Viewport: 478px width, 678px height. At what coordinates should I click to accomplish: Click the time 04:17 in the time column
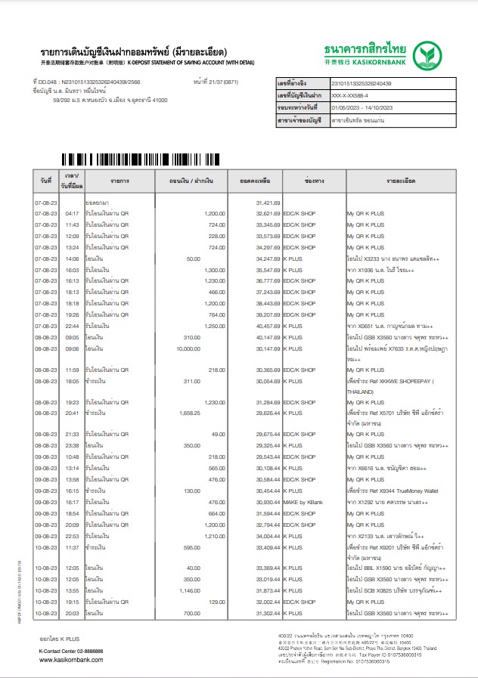click(x=73, y=214)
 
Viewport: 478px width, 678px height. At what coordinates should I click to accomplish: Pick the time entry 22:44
click(x=73, y=326)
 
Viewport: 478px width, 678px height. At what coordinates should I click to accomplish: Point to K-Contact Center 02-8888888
click(x=71, y=650)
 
